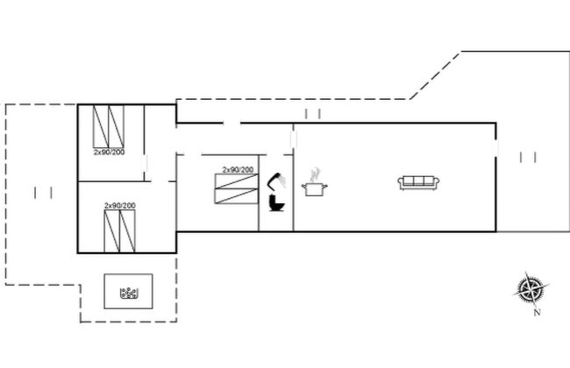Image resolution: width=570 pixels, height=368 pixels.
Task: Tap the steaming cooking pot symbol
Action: (x=313, y=188)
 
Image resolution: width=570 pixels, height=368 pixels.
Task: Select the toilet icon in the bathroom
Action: (x=276, y=205)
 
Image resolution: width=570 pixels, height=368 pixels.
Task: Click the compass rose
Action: (x=531, y=288)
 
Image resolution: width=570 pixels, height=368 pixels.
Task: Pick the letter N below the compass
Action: (x=538, y=311)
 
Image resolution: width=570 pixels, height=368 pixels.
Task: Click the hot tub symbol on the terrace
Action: (x=130, y=293)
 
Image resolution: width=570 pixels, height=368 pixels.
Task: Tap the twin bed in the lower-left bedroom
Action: (x=119, y=230)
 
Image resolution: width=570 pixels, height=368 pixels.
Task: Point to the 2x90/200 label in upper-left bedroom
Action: (x=109, y=152)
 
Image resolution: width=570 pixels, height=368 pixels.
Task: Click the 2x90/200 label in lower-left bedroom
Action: (x=119, y=205)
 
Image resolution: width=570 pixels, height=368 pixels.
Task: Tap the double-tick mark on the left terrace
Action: (x=41, y=191)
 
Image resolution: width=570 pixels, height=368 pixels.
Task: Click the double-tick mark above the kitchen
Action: (x=314, y=114)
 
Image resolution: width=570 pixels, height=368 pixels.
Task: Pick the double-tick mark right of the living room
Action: (x=528, y=157)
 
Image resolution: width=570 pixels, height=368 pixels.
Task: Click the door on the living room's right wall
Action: (x=497, y=150)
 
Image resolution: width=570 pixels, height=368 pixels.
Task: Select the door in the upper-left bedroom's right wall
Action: (x=146, y=164)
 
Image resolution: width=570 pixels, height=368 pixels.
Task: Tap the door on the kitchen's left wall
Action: (x=293, y=139)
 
